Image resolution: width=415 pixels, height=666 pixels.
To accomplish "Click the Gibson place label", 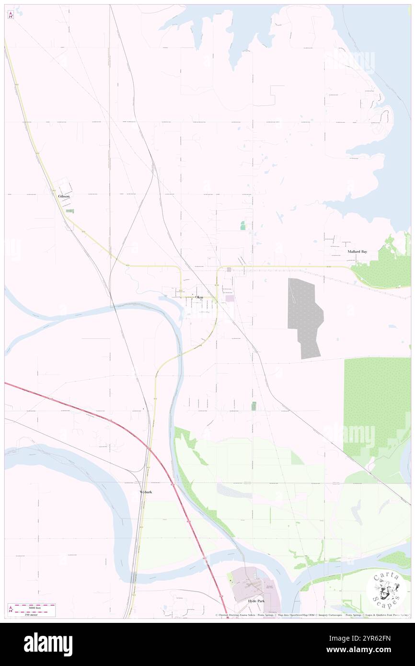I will pos(64,196).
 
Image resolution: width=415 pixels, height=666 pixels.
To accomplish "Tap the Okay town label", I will pos(199,298).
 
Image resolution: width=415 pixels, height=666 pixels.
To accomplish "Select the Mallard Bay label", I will pos(357,251).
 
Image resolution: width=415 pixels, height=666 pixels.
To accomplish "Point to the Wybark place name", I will pos(146,492).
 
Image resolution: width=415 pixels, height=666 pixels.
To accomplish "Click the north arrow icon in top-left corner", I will pos(11,15).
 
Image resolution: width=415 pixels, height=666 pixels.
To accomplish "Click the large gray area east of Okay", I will pos(305,316).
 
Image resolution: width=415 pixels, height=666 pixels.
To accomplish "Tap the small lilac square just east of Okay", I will pos(231,299).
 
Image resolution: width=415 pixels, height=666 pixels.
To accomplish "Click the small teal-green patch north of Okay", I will pos(243,225).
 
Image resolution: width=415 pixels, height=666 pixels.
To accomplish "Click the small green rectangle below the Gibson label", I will pos(69,211).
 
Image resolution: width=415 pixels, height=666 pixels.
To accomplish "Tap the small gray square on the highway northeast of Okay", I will pos(229,269).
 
